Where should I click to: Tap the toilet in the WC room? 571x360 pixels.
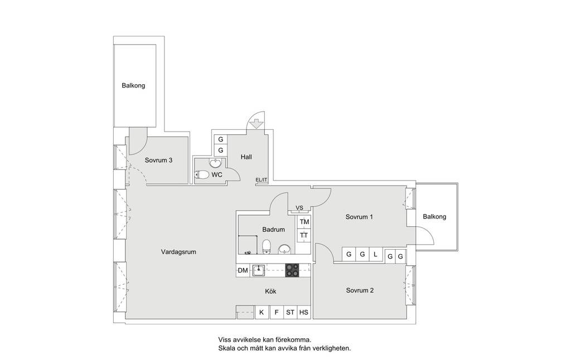[202, 175]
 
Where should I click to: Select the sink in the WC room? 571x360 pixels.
[216, 163]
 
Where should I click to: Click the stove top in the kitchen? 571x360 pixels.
[292, 270]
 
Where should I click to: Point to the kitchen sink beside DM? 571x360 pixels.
[259, 270]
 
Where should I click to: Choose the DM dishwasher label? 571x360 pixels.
[243, 270]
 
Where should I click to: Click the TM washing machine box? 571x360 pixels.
[304, 222]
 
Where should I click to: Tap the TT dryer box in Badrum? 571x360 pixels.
[304, 235]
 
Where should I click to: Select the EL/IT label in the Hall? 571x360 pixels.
[262, 180]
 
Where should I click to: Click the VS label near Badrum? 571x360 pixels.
[299, 208]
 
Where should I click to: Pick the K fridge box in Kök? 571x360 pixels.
[262, 312]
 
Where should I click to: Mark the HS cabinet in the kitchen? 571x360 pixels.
[304, 312]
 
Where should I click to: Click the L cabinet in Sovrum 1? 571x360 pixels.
[375, 255]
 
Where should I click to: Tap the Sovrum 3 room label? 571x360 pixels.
[158, 160]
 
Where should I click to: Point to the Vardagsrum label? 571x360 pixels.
[178, 252]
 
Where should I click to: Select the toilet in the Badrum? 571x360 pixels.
[267, 247]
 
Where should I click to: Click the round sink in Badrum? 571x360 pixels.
[284, 249]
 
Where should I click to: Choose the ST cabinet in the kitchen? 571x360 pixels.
[290, 312]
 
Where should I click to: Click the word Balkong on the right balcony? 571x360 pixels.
[434, 217]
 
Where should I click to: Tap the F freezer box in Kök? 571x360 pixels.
[277, 312]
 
